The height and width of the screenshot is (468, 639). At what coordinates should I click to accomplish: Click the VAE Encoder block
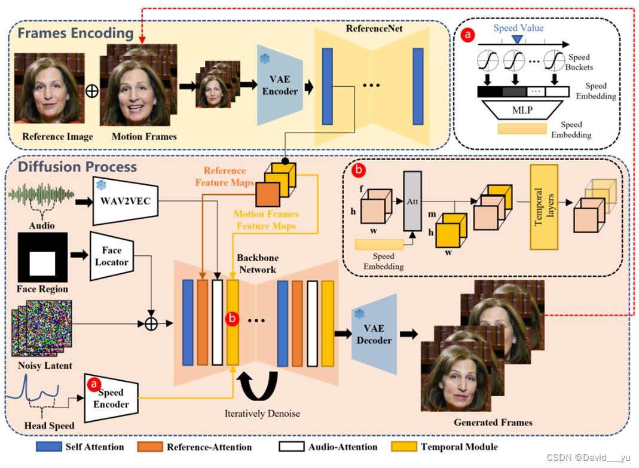tap(279, 85)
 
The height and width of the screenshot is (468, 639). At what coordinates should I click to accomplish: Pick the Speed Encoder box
tap(111, 398)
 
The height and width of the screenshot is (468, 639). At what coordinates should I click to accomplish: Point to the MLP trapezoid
tap(522, 111)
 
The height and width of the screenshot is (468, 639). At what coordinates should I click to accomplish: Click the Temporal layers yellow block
tap(543, 207)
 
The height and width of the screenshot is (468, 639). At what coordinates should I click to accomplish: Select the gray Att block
tap(412, 201)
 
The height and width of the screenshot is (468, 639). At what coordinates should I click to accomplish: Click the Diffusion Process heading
tap(77, 167)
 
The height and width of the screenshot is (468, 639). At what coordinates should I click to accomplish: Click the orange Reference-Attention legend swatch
tap(150, 446)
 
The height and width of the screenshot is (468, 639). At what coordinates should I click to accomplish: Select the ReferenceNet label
tap(374, 29)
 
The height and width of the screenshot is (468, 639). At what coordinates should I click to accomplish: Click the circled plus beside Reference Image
tap(92, 91)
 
